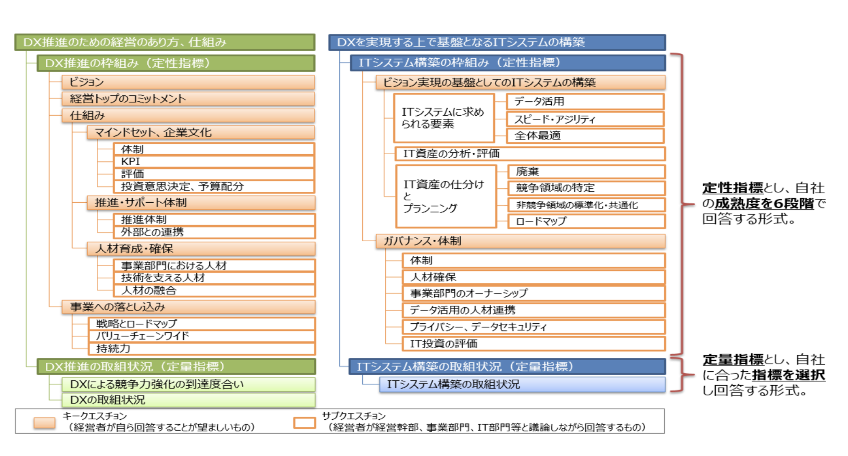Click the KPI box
(214, 161)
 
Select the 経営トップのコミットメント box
(188, 99)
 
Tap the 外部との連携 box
(214, 232)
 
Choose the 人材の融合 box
(214, 290)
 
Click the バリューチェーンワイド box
(201, 336)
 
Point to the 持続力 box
(201, 348)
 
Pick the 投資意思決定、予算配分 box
(214, 186)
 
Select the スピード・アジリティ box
(585, 119)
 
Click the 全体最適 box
(585, 135)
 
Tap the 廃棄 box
(586, 172)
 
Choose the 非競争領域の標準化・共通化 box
(586, 205)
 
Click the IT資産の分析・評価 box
(530, 154)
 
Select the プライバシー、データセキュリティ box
(533, 327)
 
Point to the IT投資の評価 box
(533, 343)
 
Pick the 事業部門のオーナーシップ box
(533, 293)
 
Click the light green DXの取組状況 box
(188, 400)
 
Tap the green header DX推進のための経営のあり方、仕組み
(165, 42)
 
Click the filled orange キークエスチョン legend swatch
(44, 423)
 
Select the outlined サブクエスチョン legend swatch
(305, 423)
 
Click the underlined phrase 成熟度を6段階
(764, 203)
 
